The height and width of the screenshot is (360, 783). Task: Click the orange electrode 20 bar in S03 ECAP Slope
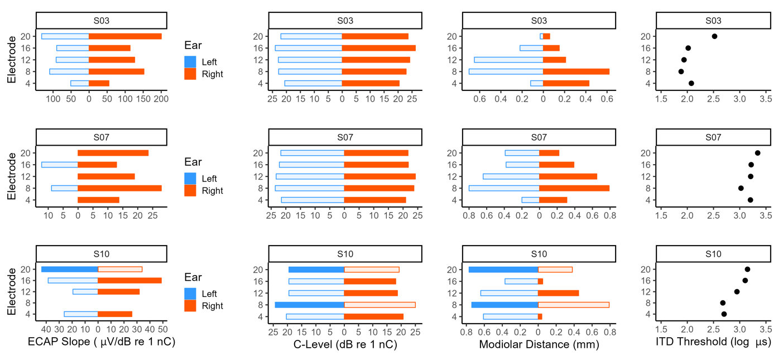coord(125,36)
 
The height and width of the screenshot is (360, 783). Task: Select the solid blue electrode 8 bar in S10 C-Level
coord(310,305)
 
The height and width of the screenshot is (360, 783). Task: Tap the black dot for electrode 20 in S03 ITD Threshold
coord(714,36)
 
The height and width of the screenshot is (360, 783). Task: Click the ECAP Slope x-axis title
coord(102,342)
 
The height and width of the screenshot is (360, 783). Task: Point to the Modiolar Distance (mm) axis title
coord(539,344)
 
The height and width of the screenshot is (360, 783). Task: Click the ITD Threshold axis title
coord(713,342)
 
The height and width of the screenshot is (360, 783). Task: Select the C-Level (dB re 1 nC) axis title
coord(345,344)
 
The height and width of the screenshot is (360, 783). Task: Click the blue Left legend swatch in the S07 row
coord(190,179)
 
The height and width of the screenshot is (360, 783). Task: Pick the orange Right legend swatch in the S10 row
coord(190,306)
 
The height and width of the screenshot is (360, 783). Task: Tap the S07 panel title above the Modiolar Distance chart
coord(539,137)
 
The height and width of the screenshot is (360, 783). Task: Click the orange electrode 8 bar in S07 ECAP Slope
coord(120,188)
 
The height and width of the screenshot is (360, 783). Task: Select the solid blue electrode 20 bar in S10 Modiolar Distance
coord(503,270)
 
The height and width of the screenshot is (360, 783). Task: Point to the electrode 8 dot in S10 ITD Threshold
coord(723,303)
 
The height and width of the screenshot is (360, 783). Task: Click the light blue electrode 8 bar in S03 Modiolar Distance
coord(506,71)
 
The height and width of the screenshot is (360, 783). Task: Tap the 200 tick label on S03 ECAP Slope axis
coord(161,99)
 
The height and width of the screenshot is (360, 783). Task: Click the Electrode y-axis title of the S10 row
coord(12,291)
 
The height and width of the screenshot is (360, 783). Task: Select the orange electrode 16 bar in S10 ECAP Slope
coord(129,280)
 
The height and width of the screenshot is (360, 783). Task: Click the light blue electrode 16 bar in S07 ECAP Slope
coord(60,165)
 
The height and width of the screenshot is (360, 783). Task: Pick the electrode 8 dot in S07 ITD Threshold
coord(741,188)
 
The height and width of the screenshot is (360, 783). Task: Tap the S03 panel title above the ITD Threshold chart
coord(713,21)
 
